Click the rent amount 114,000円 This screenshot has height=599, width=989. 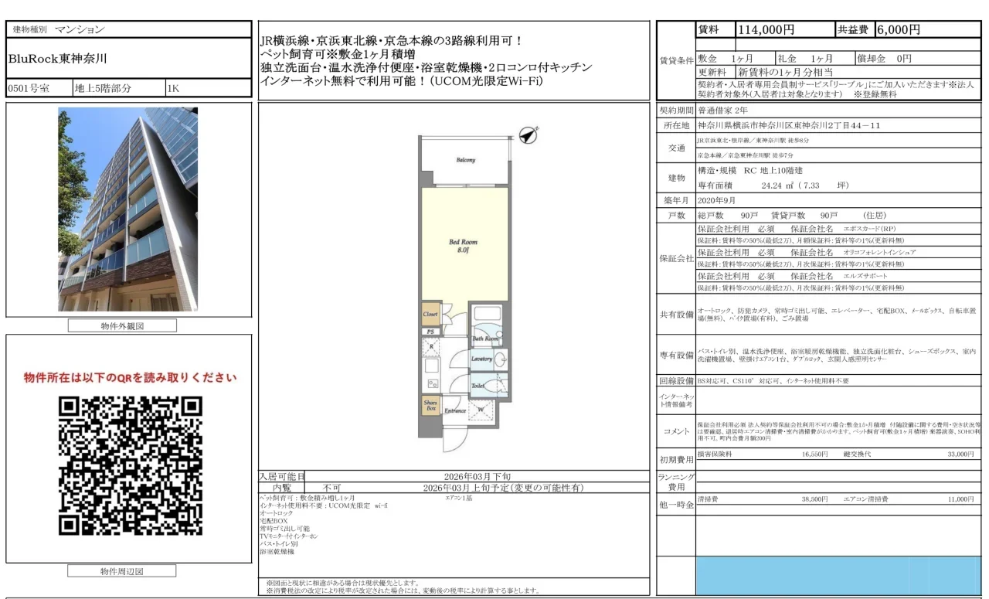[x=766, y=30]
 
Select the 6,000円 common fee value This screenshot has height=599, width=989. [x=898, y=30]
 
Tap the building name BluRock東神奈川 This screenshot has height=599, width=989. [x=58, y=58]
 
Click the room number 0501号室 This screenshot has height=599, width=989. [x=29, y=88]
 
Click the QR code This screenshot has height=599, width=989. [x=131, y=466]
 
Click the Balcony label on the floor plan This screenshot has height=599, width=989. [x=465, y=160]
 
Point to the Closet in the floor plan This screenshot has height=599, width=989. [x=430, y=315]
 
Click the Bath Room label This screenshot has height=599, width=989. [x=484, y=339]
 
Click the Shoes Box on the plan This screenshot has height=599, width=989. [x=430, y=404]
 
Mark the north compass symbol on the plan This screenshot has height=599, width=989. [x=528, y=134]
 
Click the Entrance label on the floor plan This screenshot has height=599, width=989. [x=454, y=410]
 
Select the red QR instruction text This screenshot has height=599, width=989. [x=130, y=378]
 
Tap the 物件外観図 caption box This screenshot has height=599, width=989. [x=122, y=326]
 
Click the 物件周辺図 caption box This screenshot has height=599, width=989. [x=122, y=572]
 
